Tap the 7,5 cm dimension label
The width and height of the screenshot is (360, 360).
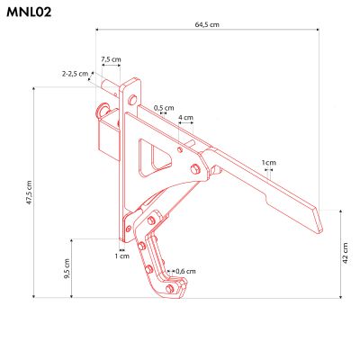click(111, 59)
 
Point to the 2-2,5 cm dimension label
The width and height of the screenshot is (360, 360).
click(76, 73)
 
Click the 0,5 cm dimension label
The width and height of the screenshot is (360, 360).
click(163, 107)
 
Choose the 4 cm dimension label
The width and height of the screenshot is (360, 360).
click(185, 118)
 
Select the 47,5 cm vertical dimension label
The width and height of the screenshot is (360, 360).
click(29, 193)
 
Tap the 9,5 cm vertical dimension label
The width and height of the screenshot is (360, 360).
click(68, 267)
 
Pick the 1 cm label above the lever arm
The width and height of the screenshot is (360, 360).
click(268, 163)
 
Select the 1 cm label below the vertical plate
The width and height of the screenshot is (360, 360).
click(122, 256)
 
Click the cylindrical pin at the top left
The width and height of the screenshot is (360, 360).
click(113, 87)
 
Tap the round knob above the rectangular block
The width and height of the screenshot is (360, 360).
click(103, 112)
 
